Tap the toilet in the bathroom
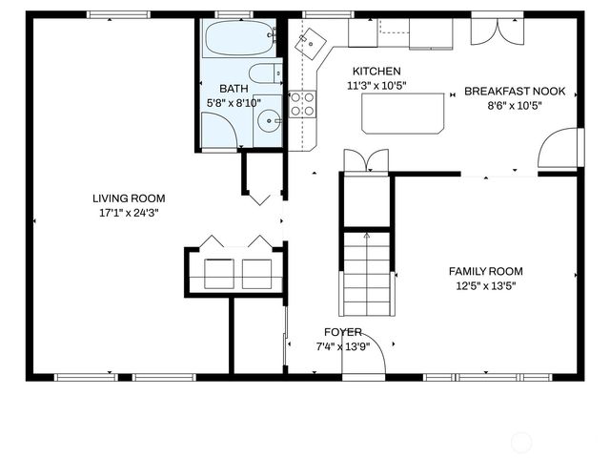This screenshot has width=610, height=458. pyautogui.click(x=263, y=74)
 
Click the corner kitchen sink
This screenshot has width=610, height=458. pyautogui.click(x=311, y=42)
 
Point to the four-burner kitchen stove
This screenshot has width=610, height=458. pyautogui.click(x=302, y=104)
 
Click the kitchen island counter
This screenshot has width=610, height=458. pyautogui.click(x=403, y=114)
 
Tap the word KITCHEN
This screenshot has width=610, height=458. pyautogui.click(x=376, y=72)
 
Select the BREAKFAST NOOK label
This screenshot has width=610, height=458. pyautogui.click(x=515, y=92)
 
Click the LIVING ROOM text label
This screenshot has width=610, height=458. pyautogui.click(x=125, y=198)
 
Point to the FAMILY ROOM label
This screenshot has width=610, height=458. pyautogui.click(x=485, y=271)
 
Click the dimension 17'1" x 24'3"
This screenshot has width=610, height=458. pyautogui.click(x=125, y=213)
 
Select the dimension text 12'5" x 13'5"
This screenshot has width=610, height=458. pyautogui.click(x=485, y=285)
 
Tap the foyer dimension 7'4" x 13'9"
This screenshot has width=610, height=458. pyautogui.click(x=342, y=346)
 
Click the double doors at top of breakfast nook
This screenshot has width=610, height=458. pyautogui.click(x=496, y=31)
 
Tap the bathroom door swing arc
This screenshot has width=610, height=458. pyautogui.click(x=218, y=133)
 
